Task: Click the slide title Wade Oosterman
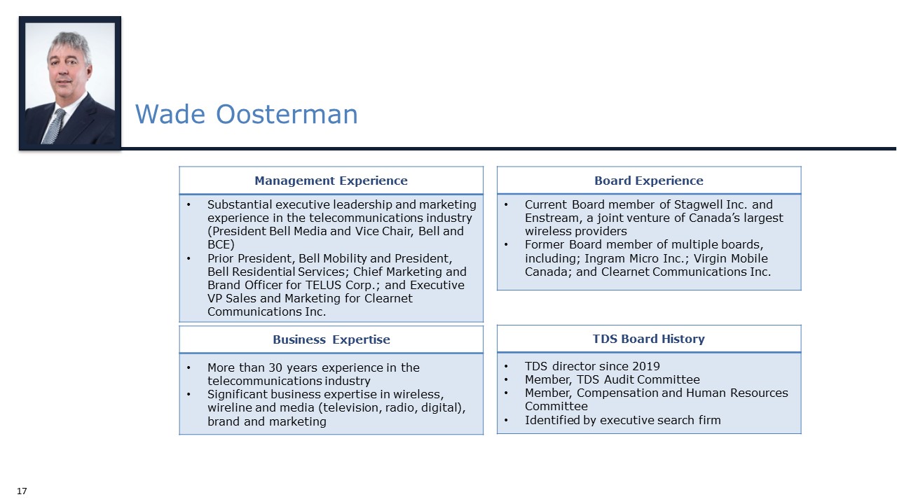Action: [x=246, y=114]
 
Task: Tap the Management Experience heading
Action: [x=331, y=181]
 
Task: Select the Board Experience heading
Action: [x=648, y=181]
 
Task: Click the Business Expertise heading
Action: [x=331, y=339]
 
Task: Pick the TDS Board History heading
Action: [x=648, y=339]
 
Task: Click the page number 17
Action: [x=22, y=491]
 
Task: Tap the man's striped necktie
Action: [x=55, y=126]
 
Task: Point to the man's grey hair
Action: [x=69, y=42]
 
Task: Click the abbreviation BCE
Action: [x=220, y=244]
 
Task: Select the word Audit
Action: [x=622, y=379]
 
